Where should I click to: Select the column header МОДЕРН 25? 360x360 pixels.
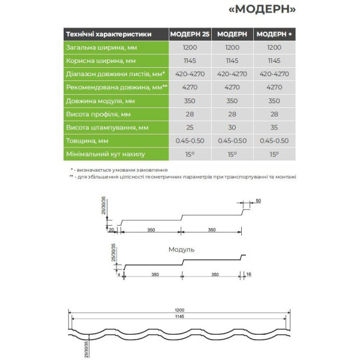[x=190, y=34]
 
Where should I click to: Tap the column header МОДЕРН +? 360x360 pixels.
[x=274, y=34]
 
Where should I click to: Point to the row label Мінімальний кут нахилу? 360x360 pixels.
[x=106, y=154]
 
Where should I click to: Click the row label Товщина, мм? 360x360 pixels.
[x=88, y=140]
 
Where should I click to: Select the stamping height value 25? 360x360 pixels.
[x=190, y=127]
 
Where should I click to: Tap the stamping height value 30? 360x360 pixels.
[x=232, y=127]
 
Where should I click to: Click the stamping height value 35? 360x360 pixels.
[x=274, y=127]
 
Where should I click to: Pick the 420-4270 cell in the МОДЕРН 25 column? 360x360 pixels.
[x=190, y=74]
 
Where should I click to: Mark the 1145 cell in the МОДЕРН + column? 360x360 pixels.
[x=274, y=61]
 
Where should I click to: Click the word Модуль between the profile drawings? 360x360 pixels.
[x=182, y=249]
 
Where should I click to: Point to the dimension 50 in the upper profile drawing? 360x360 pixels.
[x=258, y=201]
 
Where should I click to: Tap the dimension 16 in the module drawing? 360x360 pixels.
[x=248, y=274]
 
